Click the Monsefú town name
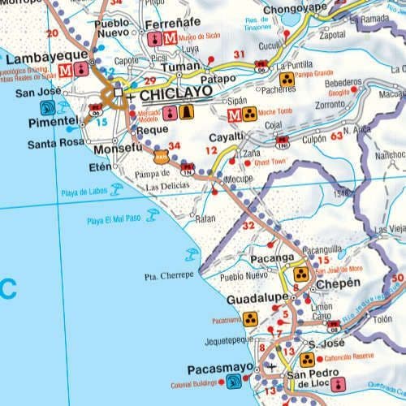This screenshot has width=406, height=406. point(119,149)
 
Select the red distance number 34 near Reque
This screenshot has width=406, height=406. point(173,145)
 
